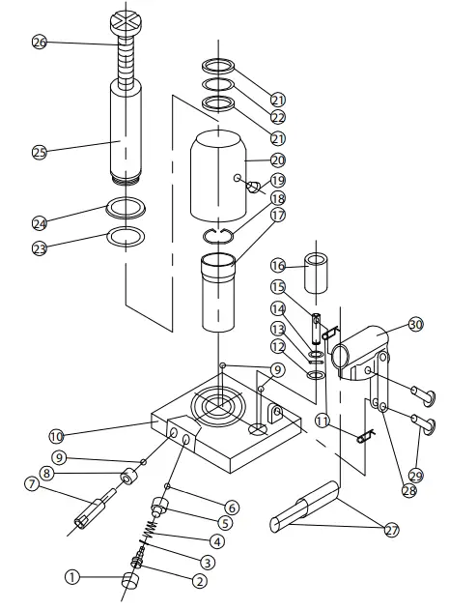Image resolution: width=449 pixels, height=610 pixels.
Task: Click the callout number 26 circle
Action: tap(40, 43)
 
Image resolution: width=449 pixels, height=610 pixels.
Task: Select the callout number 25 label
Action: tap(40, 151)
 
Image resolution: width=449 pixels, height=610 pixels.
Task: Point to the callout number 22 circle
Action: tap(278, 118)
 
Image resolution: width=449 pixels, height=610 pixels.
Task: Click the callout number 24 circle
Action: tap(40, 222)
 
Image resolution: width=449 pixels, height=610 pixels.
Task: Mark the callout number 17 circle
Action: tap(278, 216)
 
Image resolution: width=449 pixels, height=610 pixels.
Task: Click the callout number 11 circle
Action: tap(322, 421)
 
